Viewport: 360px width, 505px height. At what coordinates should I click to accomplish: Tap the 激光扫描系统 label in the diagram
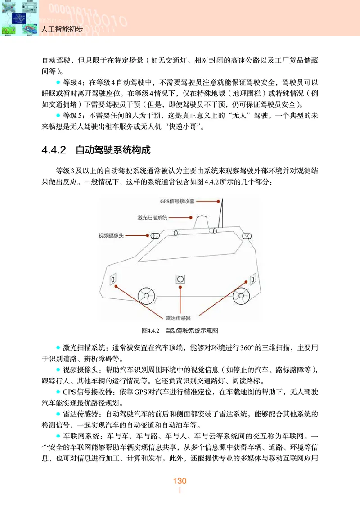coord(152,217)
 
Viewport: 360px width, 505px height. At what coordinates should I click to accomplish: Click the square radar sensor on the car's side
coord(180,279)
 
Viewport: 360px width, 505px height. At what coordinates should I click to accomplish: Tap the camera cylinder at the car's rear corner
coord(246,235)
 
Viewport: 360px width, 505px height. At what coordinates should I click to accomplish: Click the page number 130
coord(180,481)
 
